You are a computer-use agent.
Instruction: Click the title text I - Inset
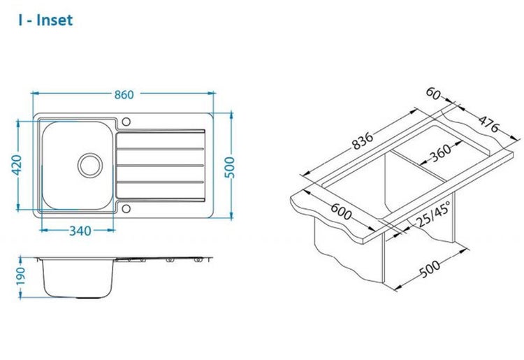click(x=45, y=20)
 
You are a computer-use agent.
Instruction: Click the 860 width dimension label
click(x=124, y=95)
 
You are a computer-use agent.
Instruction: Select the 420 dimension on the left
click(x=16, y=164)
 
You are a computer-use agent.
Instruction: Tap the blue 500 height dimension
click(x=230, y=167)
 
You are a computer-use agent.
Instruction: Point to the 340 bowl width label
click(x=80, y=231)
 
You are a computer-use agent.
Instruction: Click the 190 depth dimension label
click(x=20, y=275)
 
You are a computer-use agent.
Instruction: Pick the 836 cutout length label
click(x=362, y=141)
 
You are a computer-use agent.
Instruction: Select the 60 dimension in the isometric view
click(x=433, y=94)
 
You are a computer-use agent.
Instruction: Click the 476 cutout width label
click(x=488, y=124)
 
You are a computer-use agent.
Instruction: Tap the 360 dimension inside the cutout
click(x=439, y=153)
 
